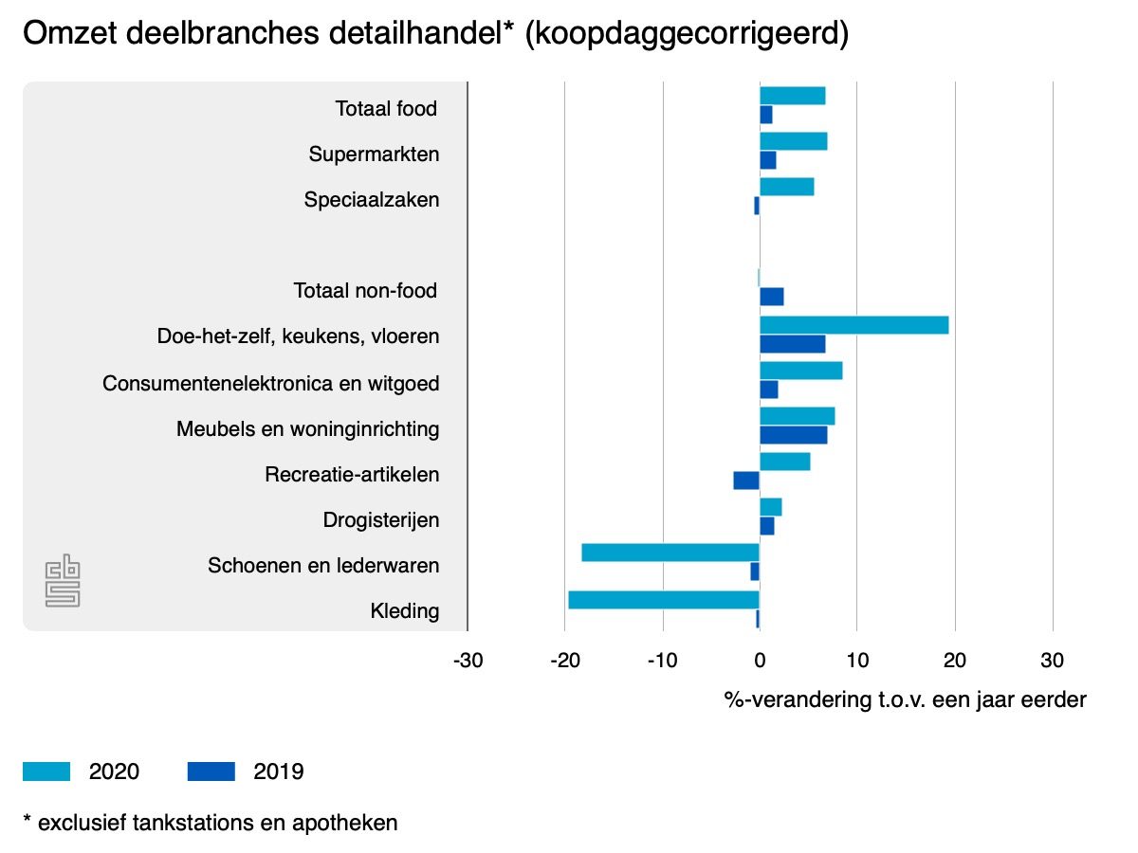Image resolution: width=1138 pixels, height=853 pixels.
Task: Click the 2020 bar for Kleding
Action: pyautogui.click(x=664, y=599)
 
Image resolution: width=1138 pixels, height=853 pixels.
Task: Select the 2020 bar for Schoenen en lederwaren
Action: pyautogui.click(x=670, y=553)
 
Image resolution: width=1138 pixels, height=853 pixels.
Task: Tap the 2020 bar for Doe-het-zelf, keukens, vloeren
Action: pyautogui.click(x=853, y=325)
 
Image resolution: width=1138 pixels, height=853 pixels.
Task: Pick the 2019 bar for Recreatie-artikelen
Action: pyautogui.click(x=746, y=481)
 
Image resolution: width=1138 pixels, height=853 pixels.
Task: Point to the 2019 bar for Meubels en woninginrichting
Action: pyautogui.click(x=793, y=435)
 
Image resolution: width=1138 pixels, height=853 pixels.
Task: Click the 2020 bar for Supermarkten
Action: pyautogui.click(x=793, y=141)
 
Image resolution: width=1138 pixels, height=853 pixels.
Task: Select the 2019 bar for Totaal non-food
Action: pyautogui.click(x=772, y=297)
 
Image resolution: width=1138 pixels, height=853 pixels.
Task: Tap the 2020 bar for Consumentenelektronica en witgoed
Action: pyautogui.click(x=800, y=370)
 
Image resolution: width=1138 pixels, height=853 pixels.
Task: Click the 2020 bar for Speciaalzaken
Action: pyautogui.click(x=786, y=187)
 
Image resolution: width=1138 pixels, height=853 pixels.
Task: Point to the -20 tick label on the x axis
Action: pyautogui.click(x=565, y=660)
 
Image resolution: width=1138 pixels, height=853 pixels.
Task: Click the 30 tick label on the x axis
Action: pyautogui.click(x=1052, y=660)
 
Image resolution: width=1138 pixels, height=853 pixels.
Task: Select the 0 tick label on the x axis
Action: pyautogui.click(x=760, y=660)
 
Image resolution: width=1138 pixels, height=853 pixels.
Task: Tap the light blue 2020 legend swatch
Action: pyautogui.click(x=46, y=771)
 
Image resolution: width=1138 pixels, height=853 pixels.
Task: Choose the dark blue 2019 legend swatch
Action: pyautogui.click(x=211, y=771)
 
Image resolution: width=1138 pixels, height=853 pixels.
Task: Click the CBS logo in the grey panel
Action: pyautogui.click(x=63, y=582)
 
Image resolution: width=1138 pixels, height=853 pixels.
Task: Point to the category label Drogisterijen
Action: pyautogui.click(x=381, y=520)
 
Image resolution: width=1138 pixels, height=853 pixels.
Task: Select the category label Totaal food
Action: pyautogui.click(x=386, y=109)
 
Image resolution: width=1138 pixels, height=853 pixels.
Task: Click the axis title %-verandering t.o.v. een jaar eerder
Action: pyautogui.click(x=905, y=700)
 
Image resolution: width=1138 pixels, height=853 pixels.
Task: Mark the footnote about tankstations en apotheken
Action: pyautogui.click(x=210, y=822)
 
